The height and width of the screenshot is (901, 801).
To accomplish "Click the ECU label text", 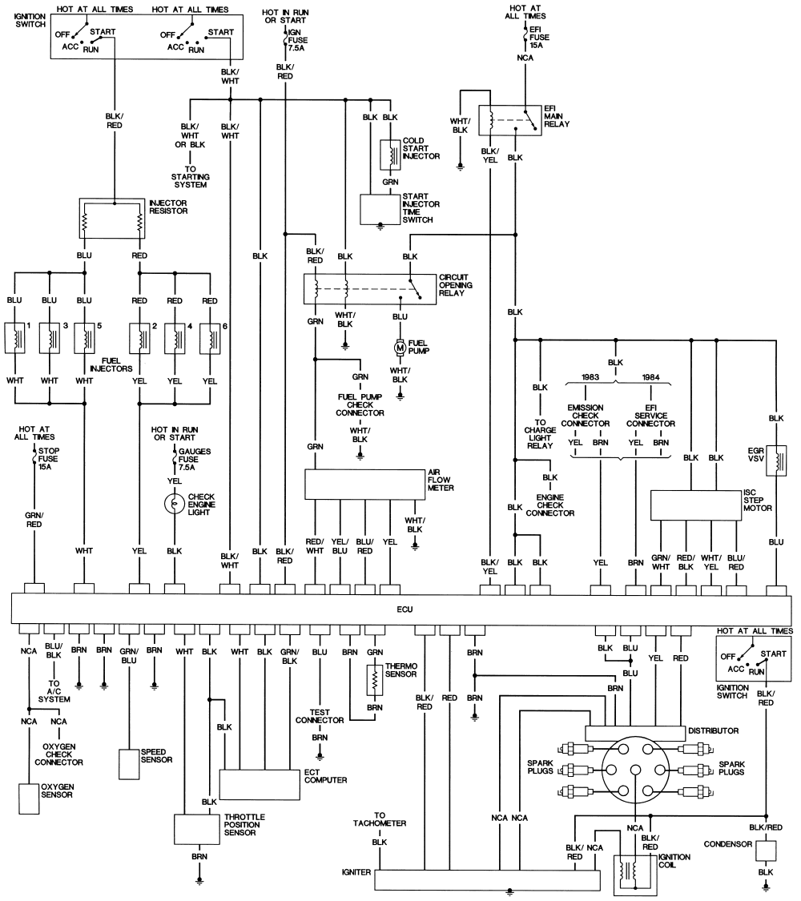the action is tap(405, 609).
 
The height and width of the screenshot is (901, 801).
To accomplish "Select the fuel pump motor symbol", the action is tap(400, 347).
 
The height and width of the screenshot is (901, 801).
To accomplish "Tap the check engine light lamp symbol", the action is tap(174, 504).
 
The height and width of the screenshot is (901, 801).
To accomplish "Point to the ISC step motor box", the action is tap(696, 505).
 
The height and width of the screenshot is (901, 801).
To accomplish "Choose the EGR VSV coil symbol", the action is tap(776, 461).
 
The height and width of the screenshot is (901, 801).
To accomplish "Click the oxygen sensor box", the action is tap(29, 798).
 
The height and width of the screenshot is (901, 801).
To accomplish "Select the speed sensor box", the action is tap(129, 764).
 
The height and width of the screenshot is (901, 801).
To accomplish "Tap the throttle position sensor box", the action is tap(197, 829).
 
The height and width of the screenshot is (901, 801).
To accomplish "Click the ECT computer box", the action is tap(260, 784).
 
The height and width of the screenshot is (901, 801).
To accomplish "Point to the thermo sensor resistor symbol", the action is tap(375, 681).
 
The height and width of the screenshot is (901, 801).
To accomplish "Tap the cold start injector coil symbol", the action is tap(390, 155).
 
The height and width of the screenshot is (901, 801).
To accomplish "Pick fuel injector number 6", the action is tap(211, 339).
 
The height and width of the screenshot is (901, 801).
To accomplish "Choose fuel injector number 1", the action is tap(15, 339).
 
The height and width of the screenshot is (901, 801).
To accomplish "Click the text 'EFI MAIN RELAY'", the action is tap(556, 116).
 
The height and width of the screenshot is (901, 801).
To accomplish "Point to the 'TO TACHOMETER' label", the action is tap(379, 819).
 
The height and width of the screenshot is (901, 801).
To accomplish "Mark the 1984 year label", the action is tap(650, 377).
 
